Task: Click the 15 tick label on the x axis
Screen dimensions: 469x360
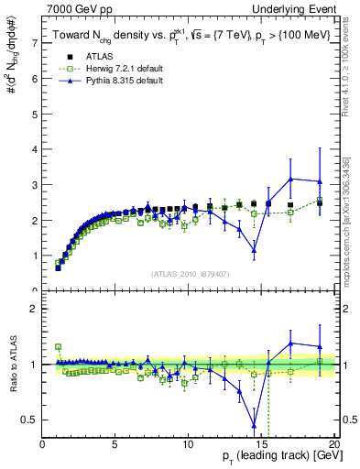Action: tap(261, 444)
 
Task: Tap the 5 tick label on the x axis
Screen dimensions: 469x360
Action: tap(115, 444)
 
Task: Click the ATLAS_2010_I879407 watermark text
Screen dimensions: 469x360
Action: tap(189, 274)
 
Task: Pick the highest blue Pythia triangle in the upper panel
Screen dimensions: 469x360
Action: tap(290, 179)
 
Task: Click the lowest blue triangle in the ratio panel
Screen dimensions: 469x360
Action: tap(254, 424)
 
